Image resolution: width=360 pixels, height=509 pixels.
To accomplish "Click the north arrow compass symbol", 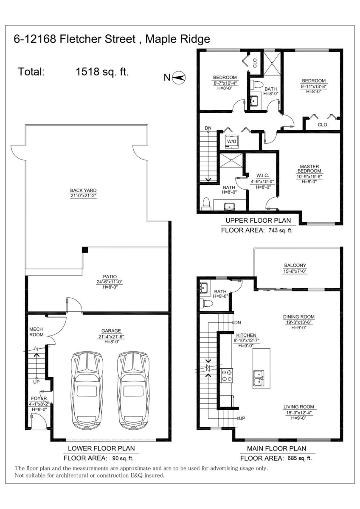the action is [x=179, y=78].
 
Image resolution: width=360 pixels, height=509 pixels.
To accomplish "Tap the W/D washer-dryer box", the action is [x=232, y=142].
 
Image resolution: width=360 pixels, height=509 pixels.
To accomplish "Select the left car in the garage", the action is [x=87, y=391].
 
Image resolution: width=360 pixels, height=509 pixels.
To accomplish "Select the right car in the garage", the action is [x=134, y=391].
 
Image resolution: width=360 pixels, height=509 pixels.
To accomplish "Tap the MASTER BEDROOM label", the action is [x=309, y=169].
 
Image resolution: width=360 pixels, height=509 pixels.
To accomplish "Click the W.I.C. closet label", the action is [x=263, y=176].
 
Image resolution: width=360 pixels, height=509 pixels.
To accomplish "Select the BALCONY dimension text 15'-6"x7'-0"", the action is [x=295, y=271].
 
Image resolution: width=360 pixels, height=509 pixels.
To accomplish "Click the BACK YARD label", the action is [x=83, y=190].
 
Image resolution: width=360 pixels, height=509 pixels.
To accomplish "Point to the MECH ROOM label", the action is [x=36, y=332].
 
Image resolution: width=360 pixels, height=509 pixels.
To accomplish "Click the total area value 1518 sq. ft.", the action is [x=102, y=72].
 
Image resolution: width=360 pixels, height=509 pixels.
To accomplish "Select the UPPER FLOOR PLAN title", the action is [x=258, y=221].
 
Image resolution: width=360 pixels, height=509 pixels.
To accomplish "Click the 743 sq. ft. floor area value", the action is [x=280, y=230].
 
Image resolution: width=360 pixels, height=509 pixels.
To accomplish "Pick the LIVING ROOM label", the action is [x=298, y=407].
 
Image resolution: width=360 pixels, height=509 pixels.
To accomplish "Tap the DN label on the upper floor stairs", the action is [x=208, y=128].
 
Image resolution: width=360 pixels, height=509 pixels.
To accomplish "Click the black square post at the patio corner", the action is [x=85, y=249].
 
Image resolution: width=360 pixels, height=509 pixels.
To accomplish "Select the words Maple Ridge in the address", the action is [x=177, y=39].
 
